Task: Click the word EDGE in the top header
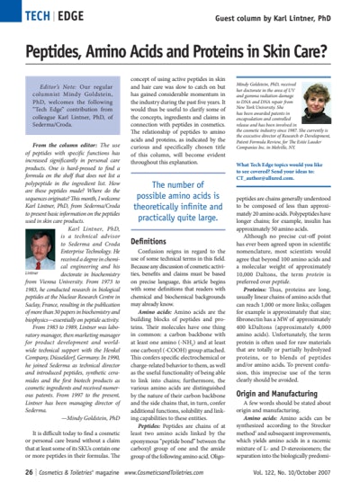pyautogui.click(x=69, y=15)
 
